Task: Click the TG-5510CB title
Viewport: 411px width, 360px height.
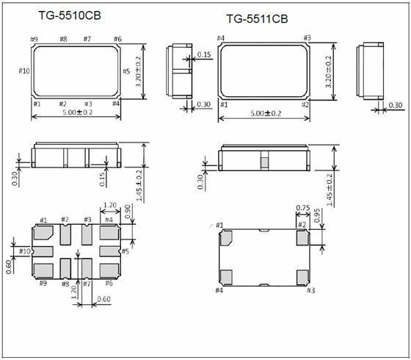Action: coord(70,15)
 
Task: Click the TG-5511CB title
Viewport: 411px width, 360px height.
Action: coord(257,19)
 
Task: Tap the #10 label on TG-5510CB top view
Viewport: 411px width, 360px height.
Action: coord(24,71)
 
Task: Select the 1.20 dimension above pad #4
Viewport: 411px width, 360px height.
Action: coord(110,205)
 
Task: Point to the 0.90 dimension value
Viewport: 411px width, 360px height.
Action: coord(128,212)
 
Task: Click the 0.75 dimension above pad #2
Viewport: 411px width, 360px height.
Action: coord(303,208)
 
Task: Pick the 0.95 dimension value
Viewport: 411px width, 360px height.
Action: coord(317,215)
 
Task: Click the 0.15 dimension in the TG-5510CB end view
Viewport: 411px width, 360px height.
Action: coord(204,54)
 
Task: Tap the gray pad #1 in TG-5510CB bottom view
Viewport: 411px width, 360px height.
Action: coord(43,233)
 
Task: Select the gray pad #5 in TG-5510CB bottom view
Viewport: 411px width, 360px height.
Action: coord(109,251)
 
